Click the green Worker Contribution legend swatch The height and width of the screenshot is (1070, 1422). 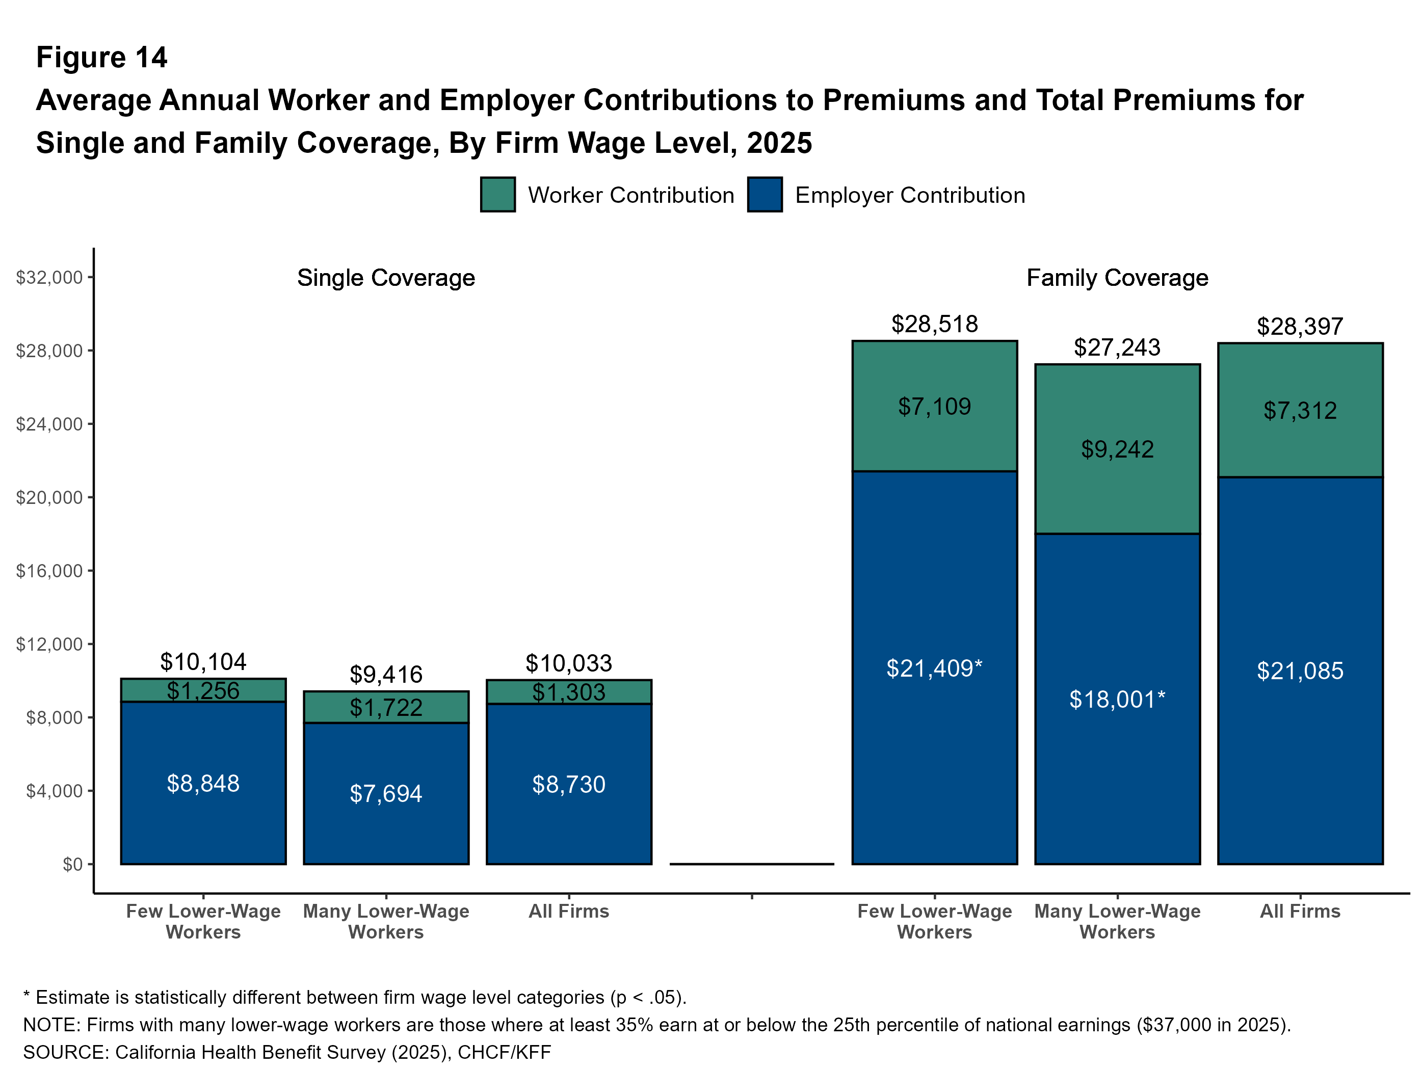point(497,195)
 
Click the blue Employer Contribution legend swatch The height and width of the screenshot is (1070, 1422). point(765,195)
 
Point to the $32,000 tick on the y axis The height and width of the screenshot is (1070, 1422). point(49,278)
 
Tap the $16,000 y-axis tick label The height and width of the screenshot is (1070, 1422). point(49,571)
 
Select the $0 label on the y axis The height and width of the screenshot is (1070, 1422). point(72,864)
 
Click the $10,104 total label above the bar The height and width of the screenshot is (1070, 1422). point(203,662)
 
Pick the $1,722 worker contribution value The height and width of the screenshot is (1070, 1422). point(386,708)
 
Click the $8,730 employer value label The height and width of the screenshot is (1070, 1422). point(568,785)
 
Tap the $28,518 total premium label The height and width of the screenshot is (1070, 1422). point(934,324)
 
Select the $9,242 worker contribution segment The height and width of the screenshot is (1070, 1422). point(1117,449)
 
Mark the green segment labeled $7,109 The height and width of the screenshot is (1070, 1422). point(934,406)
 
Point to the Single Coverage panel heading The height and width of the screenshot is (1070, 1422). point(386,278)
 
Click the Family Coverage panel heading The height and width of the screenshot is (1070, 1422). point(1117,278)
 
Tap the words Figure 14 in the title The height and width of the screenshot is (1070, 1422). point(101,57)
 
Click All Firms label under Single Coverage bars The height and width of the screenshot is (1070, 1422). point(568,911)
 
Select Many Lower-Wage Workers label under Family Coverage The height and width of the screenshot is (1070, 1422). point(1117,922)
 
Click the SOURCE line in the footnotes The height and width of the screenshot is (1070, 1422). point(287,1052)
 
